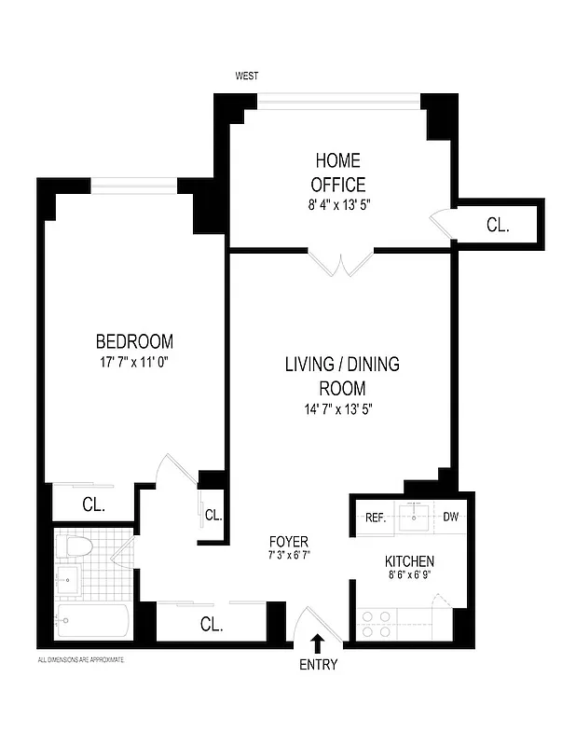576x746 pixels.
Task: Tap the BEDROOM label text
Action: (x=134, y=341)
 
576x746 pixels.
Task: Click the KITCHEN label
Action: (x=409, y=561)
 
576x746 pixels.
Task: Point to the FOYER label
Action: (x=288, y=542)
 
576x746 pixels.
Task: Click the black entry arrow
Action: (x=318, y=642)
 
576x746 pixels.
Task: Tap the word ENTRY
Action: (x=318, y=665)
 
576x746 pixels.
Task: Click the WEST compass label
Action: (x=247, y=76)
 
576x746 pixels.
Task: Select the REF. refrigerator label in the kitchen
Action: (x=376, y=518)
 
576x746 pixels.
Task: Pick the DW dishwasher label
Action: (x=450, y=518)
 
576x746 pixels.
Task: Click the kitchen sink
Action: (x=413, y=518)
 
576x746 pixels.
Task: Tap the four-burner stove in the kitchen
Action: (x=376, y=623)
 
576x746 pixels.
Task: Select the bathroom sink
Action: (x=67, y=582)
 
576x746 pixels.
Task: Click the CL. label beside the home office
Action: (x=498, y=225)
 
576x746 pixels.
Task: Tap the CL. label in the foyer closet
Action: (x=212, y=625)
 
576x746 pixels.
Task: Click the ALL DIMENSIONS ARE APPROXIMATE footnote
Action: (x=81, y=658)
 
